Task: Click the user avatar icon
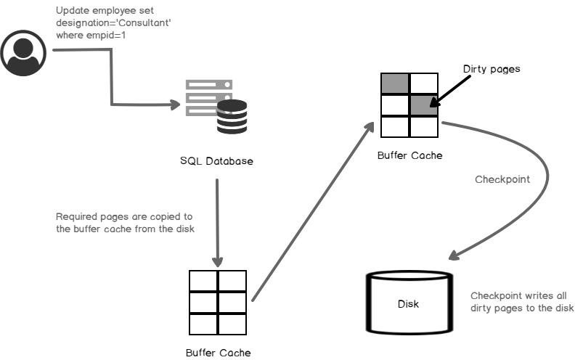(x=23, y=52)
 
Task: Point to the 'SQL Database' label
(x=216, y=160)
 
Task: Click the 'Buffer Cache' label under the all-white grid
(x=218, y=353)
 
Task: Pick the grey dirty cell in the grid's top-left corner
(x=395, y=83)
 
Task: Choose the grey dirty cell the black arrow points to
(x=424, y=105)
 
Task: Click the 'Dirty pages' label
(x=492, y=69)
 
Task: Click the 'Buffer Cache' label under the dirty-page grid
(x=409, y=155)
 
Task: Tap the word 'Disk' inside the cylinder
(x=409, y=303)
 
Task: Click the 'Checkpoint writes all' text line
(x=518, y=295)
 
